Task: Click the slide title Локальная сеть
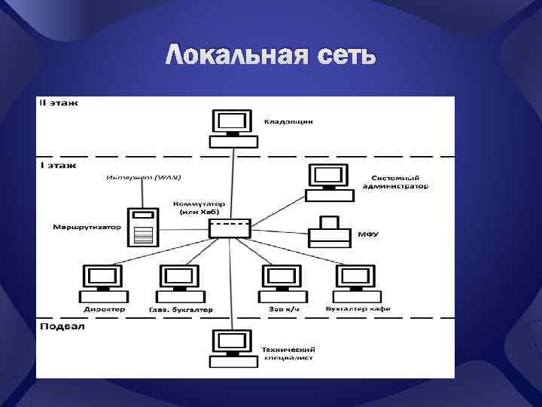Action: (270, 55)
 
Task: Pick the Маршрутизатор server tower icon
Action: (142, 227)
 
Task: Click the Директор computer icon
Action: (104, 283)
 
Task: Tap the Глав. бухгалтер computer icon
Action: (179, 283)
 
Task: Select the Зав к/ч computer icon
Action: (282, 283)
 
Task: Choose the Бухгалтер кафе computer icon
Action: (355, 283)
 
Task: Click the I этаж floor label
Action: (56, 164)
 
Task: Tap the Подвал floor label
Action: (62, 326)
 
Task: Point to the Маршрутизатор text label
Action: (87, 226)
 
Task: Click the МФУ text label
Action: (368, 234)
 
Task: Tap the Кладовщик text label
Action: (288, 121)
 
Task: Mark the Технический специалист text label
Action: (288, 354)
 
